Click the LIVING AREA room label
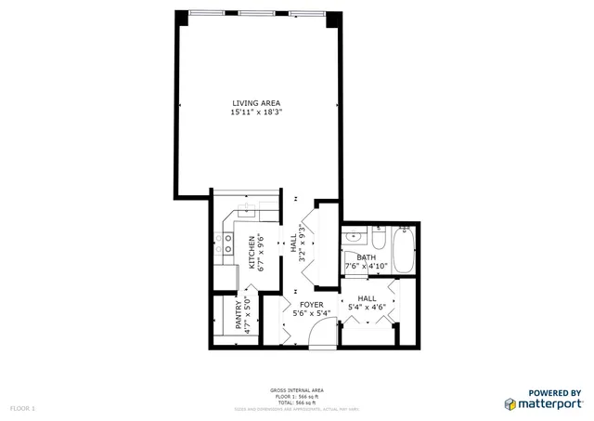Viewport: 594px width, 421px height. tap(256, 102)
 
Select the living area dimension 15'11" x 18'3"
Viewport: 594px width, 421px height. tap(256, 112)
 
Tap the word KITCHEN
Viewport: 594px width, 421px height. tap(251, 251)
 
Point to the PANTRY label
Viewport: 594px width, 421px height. tap(239, 316)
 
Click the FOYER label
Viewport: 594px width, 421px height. tap(310, 304)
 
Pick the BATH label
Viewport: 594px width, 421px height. tap(367, 257)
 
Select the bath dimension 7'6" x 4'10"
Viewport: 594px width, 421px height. tap(366, 267)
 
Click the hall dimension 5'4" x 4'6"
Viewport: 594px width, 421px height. tap(366, 308)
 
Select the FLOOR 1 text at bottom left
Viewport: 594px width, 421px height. tap(22, 408)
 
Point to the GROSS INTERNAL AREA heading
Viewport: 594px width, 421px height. tap(297, 390)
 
